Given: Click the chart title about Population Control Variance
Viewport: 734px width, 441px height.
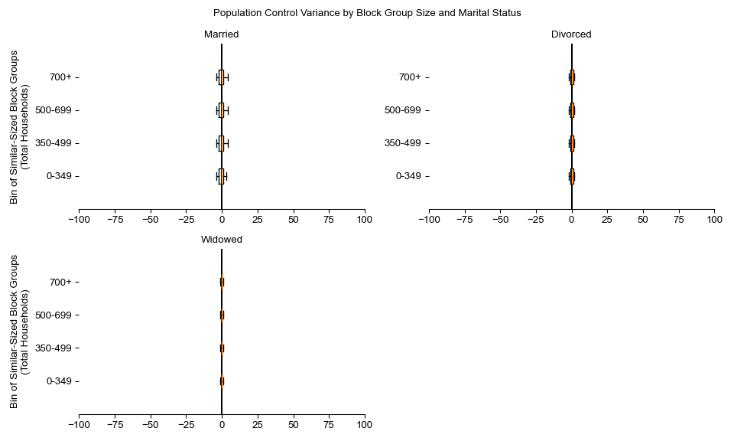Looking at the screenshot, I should coord(367,13).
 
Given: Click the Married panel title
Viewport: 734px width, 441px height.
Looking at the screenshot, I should coord(222,34).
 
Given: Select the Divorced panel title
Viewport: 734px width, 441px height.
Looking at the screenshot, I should coord(571,34).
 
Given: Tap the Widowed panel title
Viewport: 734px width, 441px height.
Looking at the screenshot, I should coord(222,240).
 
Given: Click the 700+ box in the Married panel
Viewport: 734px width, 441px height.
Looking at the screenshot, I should coord(221,77).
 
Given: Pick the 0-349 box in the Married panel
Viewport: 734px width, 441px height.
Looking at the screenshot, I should coord(221,176).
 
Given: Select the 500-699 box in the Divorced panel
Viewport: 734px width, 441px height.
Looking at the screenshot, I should coord(572,110).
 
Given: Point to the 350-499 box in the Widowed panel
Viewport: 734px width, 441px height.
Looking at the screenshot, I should coord(222,348).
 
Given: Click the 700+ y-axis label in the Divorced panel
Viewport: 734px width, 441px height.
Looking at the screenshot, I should coord(410,77).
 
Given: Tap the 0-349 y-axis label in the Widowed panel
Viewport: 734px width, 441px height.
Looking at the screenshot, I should coord(60,381).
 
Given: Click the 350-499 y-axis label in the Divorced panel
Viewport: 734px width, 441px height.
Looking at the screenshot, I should coord(403,143).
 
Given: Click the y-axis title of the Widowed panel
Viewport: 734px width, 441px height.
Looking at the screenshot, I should coord(20,332).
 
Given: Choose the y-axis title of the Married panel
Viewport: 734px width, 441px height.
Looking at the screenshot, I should coord(20,127).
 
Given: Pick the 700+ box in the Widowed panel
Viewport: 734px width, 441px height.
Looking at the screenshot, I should coord(222,282).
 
